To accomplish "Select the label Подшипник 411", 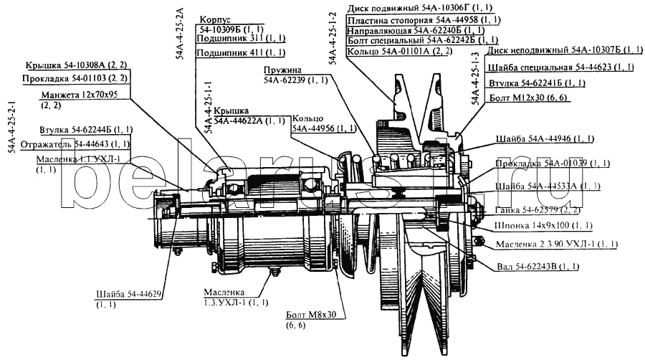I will tap(231, 53).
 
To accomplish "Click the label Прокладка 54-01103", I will tap(65, 77).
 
